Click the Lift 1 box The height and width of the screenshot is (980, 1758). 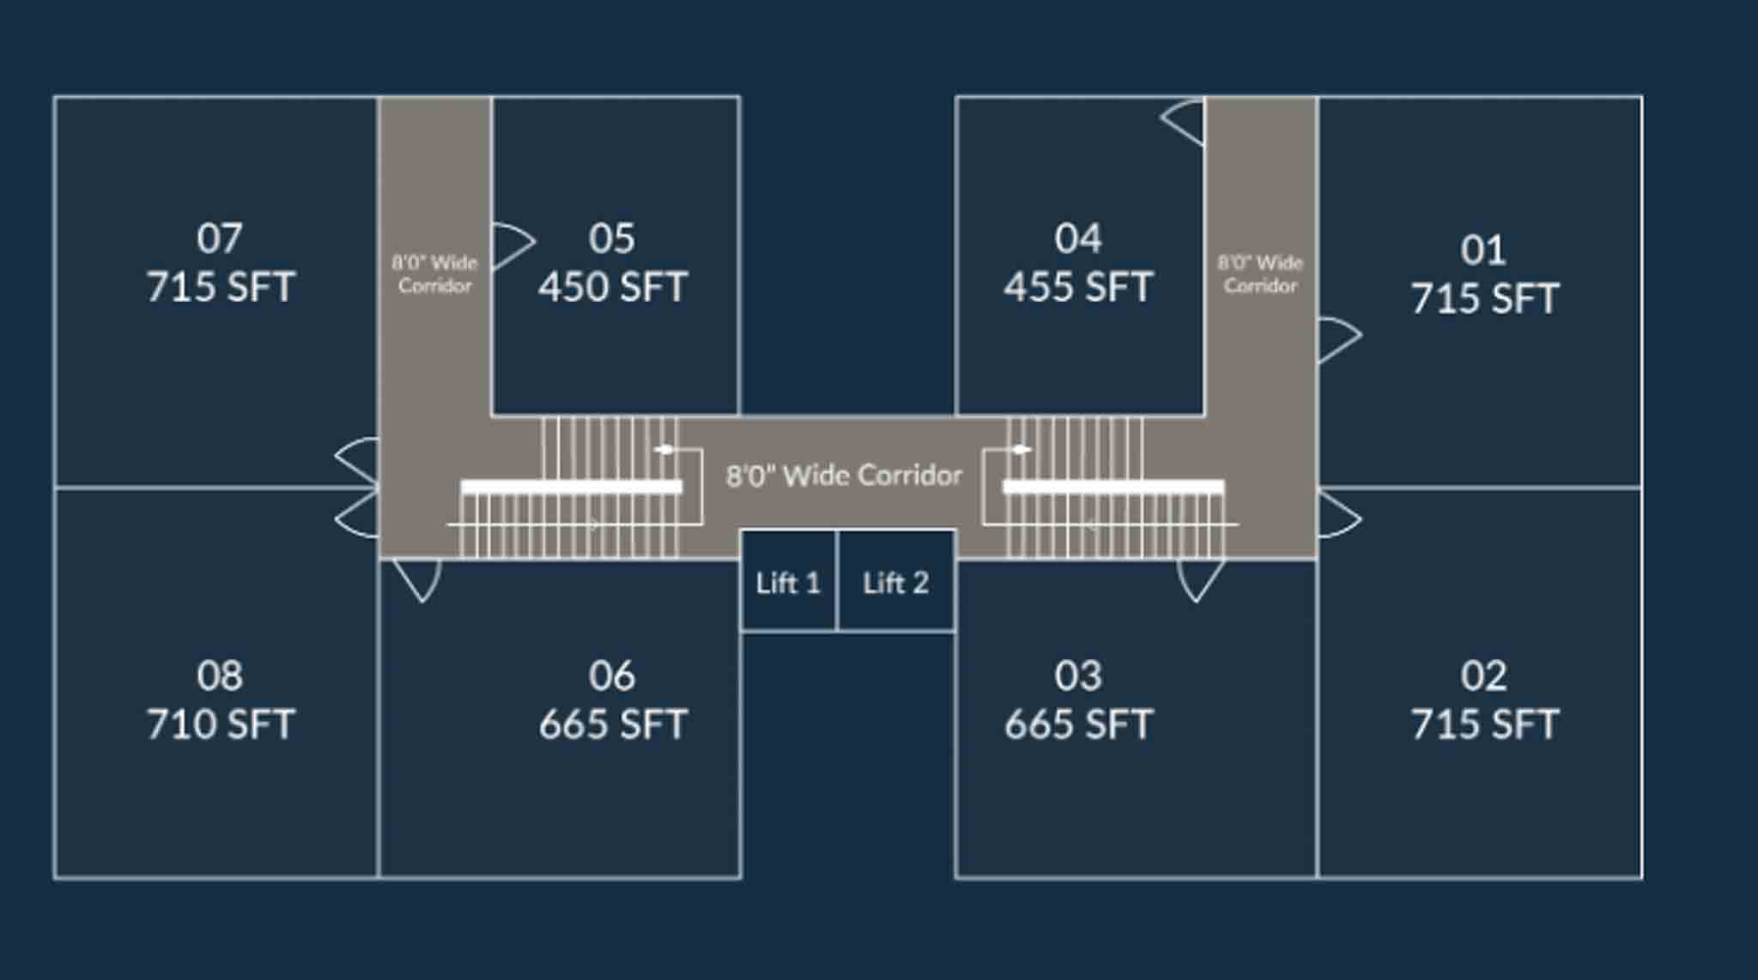point(789,581)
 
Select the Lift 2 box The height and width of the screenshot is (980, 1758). point(896,581)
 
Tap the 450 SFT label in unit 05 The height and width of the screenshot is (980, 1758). point(613,287)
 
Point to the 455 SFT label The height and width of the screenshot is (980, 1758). point(1078,287)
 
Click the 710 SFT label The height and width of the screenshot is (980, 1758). point(221,724)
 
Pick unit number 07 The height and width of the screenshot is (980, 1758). point(220,238)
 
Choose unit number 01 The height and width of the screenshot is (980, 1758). point(1483,250)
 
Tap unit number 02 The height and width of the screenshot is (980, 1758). point(1483,675)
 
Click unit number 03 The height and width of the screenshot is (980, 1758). point(1078,675)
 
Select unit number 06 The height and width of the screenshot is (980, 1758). point(612,675)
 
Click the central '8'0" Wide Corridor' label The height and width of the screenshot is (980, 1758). point(844,475)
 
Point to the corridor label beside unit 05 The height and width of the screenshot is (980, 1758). point(434,274)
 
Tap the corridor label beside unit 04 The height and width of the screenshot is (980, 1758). point(1260,274)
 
